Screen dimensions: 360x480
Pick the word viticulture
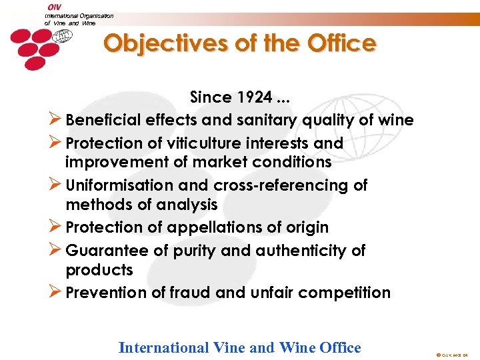pos(205,143)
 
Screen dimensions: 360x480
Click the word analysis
pos(187,205)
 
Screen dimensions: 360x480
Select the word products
pos(99,270)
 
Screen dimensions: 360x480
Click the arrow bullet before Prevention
pos(56,292)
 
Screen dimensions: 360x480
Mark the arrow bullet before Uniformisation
pos(56,185)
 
